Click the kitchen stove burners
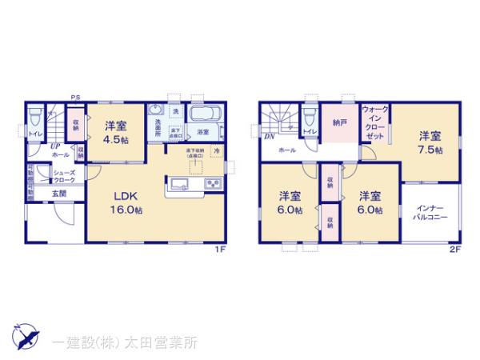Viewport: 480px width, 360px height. pos(214,185)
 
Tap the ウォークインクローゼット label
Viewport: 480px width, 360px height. pos(374,122)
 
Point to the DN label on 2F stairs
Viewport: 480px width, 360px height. pos(269,137)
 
